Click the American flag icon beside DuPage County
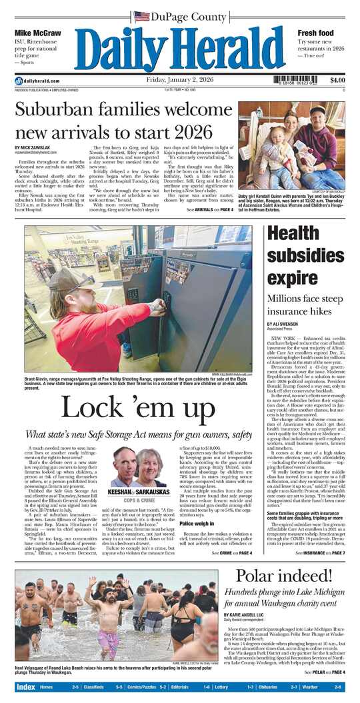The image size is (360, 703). coord(141,16)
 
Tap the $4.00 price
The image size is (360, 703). coord(337,81)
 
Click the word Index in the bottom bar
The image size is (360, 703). coord(26,687)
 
